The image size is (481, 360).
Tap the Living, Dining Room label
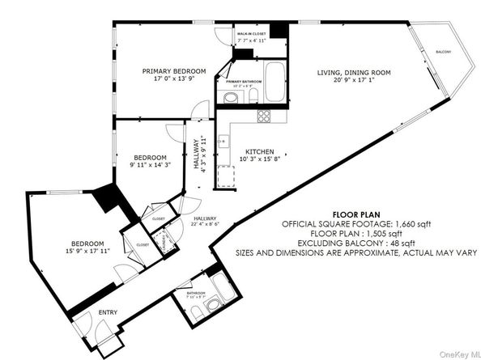pos(353,73)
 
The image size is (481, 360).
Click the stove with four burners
pos(265,115)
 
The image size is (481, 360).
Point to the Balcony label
pos(444,52)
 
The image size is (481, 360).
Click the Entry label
pos(107,311)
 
